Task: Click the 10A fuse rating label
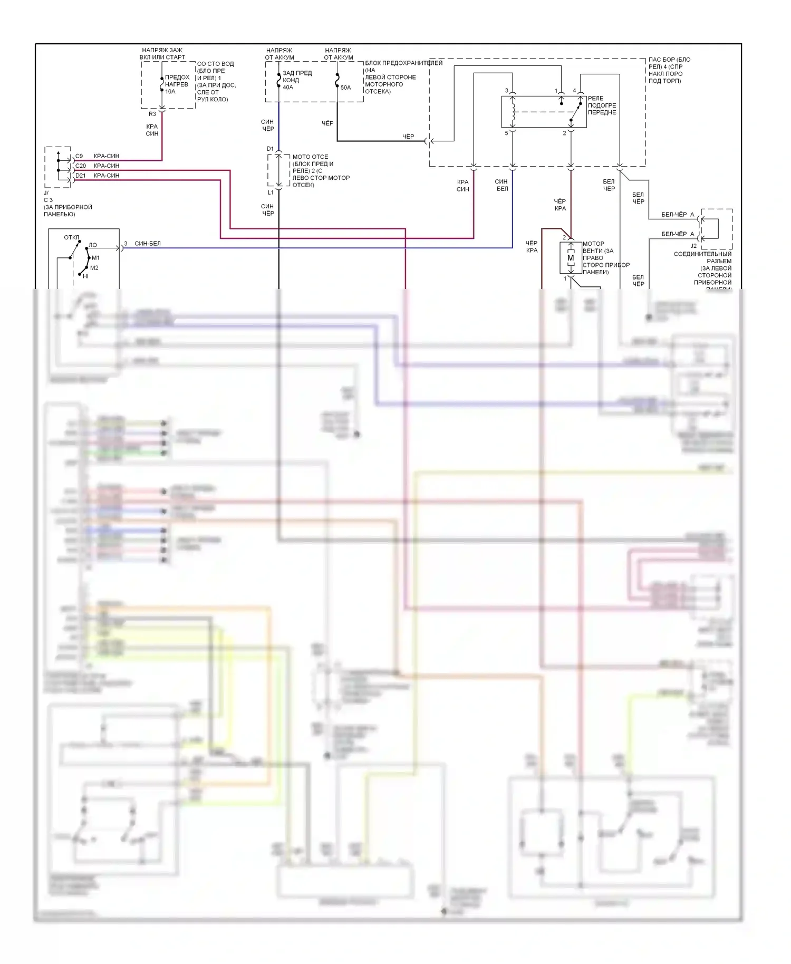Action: click(170, 92)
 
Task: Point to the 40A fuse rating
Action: click(288, 88)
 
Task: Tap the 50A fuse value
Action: click(345, 88)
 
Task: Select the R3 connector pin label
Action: click(152, 114)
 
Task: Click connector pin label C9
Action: click(79, 156)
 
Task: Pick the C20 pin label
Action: click(81, 166)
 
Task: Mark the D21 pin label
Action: click(81, 176)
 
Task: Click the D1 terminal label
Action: click(270, 149)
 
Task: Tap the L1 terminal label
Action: click(271, 193)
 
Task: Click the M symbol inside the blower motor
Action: click(571, 258)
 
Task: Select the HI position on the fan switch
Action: click(86, 276)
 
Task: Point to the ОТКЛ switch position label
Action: click(72, 237)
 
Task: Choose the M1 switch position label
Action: click(96, 258)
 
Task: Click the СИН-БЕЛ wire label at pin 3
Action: click(148, 244)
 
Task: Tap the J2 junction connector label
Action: click(693, 246)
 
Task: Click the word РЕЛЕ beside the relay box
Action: click(596, 99)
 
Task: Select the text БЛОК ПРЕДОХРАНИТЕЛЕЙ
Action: click(404, 63)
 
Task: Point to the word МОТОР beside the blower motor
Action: click(593, 244)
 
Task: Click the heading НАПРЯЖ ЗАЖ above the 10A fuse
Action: click(162, 51)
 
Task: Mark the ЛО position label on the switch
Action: click(93, 245)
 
